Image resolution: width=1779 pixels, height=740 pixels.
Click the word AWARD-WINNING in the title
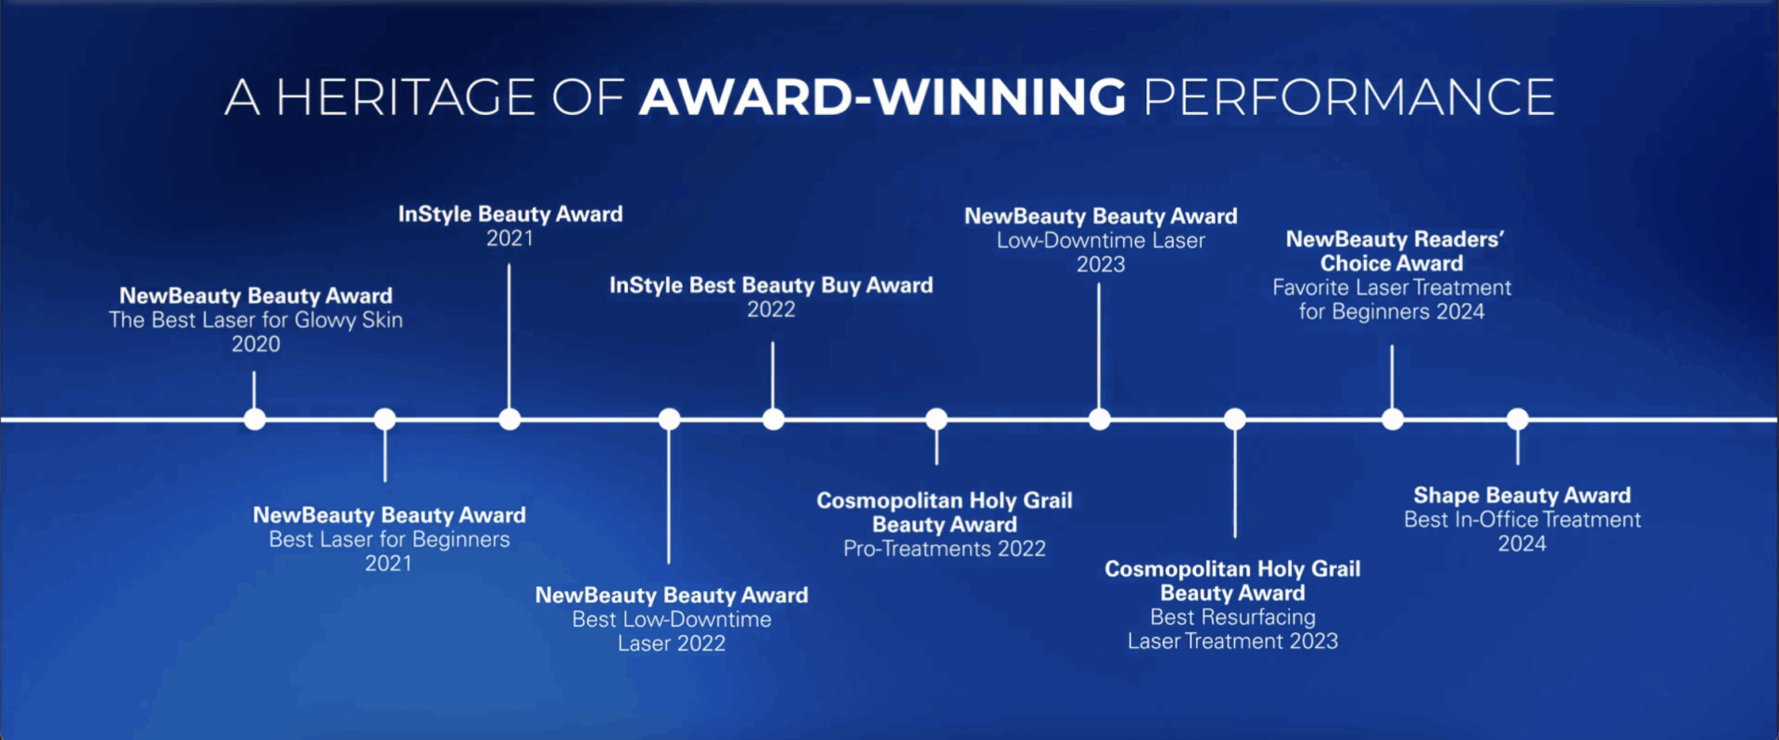pyautogui.click(x=883, y=97)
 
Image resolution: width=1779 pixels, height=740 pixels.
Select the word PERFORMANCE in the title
pyautogui.click(x=1349, y=97)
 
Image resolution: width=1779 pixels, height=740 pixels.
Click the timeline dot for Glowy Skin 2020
pyautogui.click(x=255, y=419)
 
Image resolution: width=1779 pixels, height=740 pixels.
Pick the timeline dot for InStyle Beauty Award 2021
pyautogui.click(x=509, y=419)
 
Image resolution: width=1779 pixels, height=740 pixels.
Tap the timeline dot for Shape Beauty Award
pyautogui.click(x=1518, y=419)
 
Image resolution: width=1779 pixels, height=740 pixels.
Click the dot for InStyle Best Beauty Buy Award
pyautogui.click(x=773, y=419)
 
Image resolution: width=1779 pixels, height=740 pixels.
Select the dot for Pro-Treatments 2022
pyautogui.click(x=937, y=419)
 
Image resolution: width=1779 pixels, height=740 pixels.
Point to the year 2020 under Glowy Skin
pyautogui.click(x=256, y=344)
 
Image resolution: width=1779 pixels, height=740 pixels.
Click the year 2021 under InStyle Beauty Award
pyautogui.click(x=509, y=238)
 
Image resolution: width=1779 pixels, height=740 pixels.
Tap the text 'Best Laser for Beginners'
pyautogui.click(x=389, y=539)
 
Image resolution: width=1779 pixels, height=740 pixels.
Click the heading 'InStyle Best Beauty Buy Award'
pyautogui.click(x=771, y=285)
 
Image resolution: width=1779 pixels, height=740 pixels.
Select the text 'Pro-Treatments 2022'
pyautogui.click(x=944, y=549)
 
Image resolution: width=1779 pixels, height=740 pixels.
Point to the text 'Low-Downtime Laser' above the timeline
pyautogui.click(x=1101, y=240)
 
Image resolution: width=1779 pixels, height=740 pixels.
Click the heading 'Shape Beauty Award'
pyautogui.click(x=1522, y=495)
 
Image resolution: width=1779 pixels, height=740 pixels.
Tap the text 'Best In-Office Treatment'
pyautogui.click(x=1522, y=520)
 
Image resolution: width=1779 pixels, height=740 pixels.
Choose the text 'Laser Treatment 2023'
pyautogui.click(x=1233, y=641)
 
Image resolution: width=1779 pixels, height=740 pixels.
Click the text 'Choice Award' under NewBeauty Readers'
pyautogui.click(x=1391, y=263)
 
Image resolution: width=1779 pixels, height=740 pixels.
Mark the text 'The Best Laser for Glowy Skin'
pyautogui.click(x=256, y=320)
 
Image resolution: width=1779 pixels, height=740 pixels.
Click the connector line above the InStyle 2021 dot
pyautogui.click(x=509, y=336)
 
